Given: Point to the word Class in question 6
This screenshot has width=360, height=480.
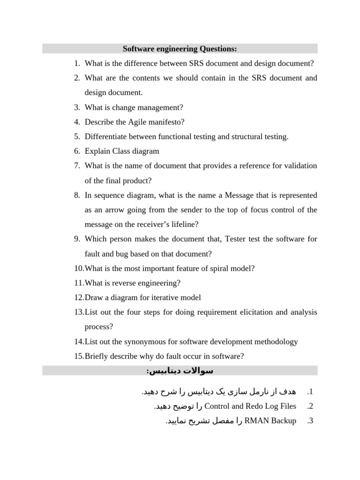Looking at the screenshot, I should pyautogui.click(x=121, y=151).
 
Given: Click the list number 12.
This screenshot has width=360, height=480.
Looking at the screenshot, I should pyautogui.click(x=79, y=298).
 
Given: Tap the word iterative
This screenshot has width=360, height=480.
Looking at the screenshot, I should pyautogui.click(x=162, y=298).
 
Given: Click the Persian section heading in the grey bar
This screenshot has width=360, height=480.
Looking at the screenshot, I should pyautogui.click(x=180, y=371).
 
